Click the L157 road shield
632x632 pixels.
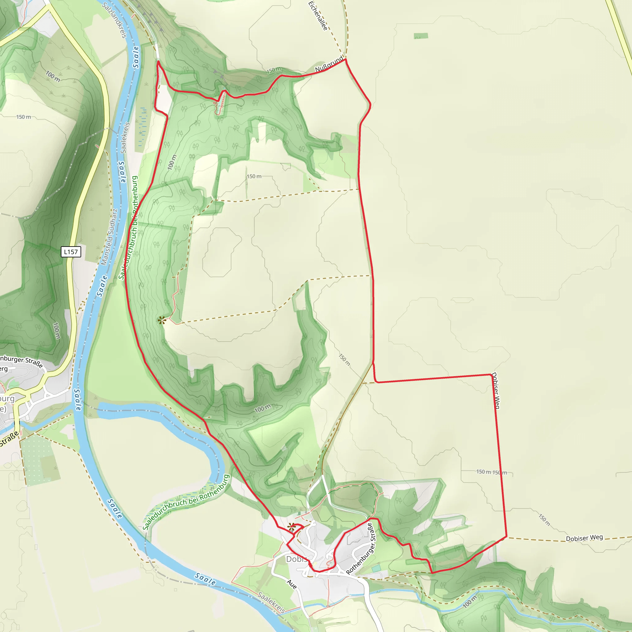tap(71, 252)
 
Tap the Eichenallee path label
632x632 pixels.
tap(318, 16)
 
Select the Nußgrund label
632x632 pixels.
tap(329, 64)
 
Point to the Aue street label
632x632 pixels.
tap(292, 584)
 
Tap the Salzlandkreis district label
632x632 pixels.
tap(114, 20)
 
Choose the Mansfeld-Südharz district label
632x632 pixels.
tap(109, 237)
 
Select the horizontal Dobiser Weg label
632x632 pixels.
tap(584, 538)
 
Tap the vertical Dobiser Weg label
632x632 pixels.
tap(496, 391)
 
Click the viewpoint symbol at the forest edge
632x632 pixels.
tap(162, 320)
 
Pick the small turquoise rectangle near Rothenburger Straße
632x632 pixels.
tap(376, 568)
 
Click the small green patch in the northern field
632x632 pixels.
tap(421, 36)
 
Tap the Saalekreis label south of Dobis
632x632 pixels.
tap(271, 602)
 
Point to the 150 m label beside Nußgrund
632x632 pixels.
tap(273, 70)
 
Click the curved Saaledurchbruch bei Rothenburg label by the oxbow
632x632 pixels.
tap(186, 502)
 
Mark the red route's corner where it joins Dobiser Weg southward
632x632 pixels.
tap(491, 375)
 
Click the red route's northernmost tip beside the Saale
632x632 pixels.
tap(158, 61)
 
